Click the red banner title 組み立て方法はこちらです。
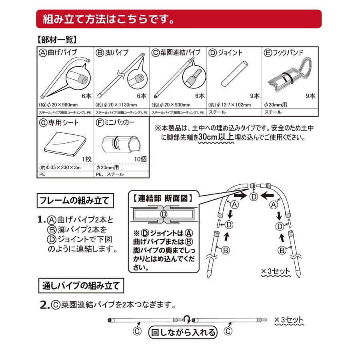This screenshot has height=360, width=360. point(106,19)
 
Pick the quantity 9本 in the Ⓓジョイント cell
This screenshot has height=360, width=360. point(254,96)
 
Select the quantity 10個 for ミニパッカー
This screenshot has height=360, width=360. point(141,159)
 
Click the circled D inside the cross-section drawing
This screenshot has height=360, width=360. point(163,214)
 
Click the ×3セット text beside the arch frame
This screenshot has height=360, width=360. point(276,272)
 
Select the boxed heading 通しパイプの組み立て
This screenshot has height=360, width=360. point(81,286)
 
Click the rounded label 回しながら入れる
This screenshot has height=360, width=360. point(182,332)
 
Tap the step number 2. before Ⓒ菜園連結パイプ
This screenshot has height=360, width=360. point(45,305)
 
